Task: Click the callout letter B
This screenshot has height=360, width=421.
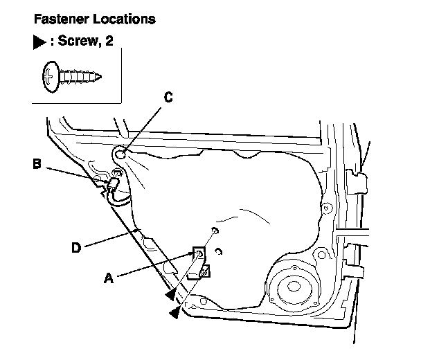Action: point(37,164)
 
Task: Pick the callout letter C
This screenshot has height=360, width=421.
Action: point(167,98)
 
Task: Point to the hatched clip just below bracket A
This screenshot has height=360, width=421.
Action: point(204,272)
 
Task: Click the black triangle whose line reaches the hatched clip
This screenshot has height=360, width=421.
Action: point(174,313)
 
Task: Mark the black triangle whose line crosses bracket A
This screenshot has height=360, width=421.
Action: point(170,296)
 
